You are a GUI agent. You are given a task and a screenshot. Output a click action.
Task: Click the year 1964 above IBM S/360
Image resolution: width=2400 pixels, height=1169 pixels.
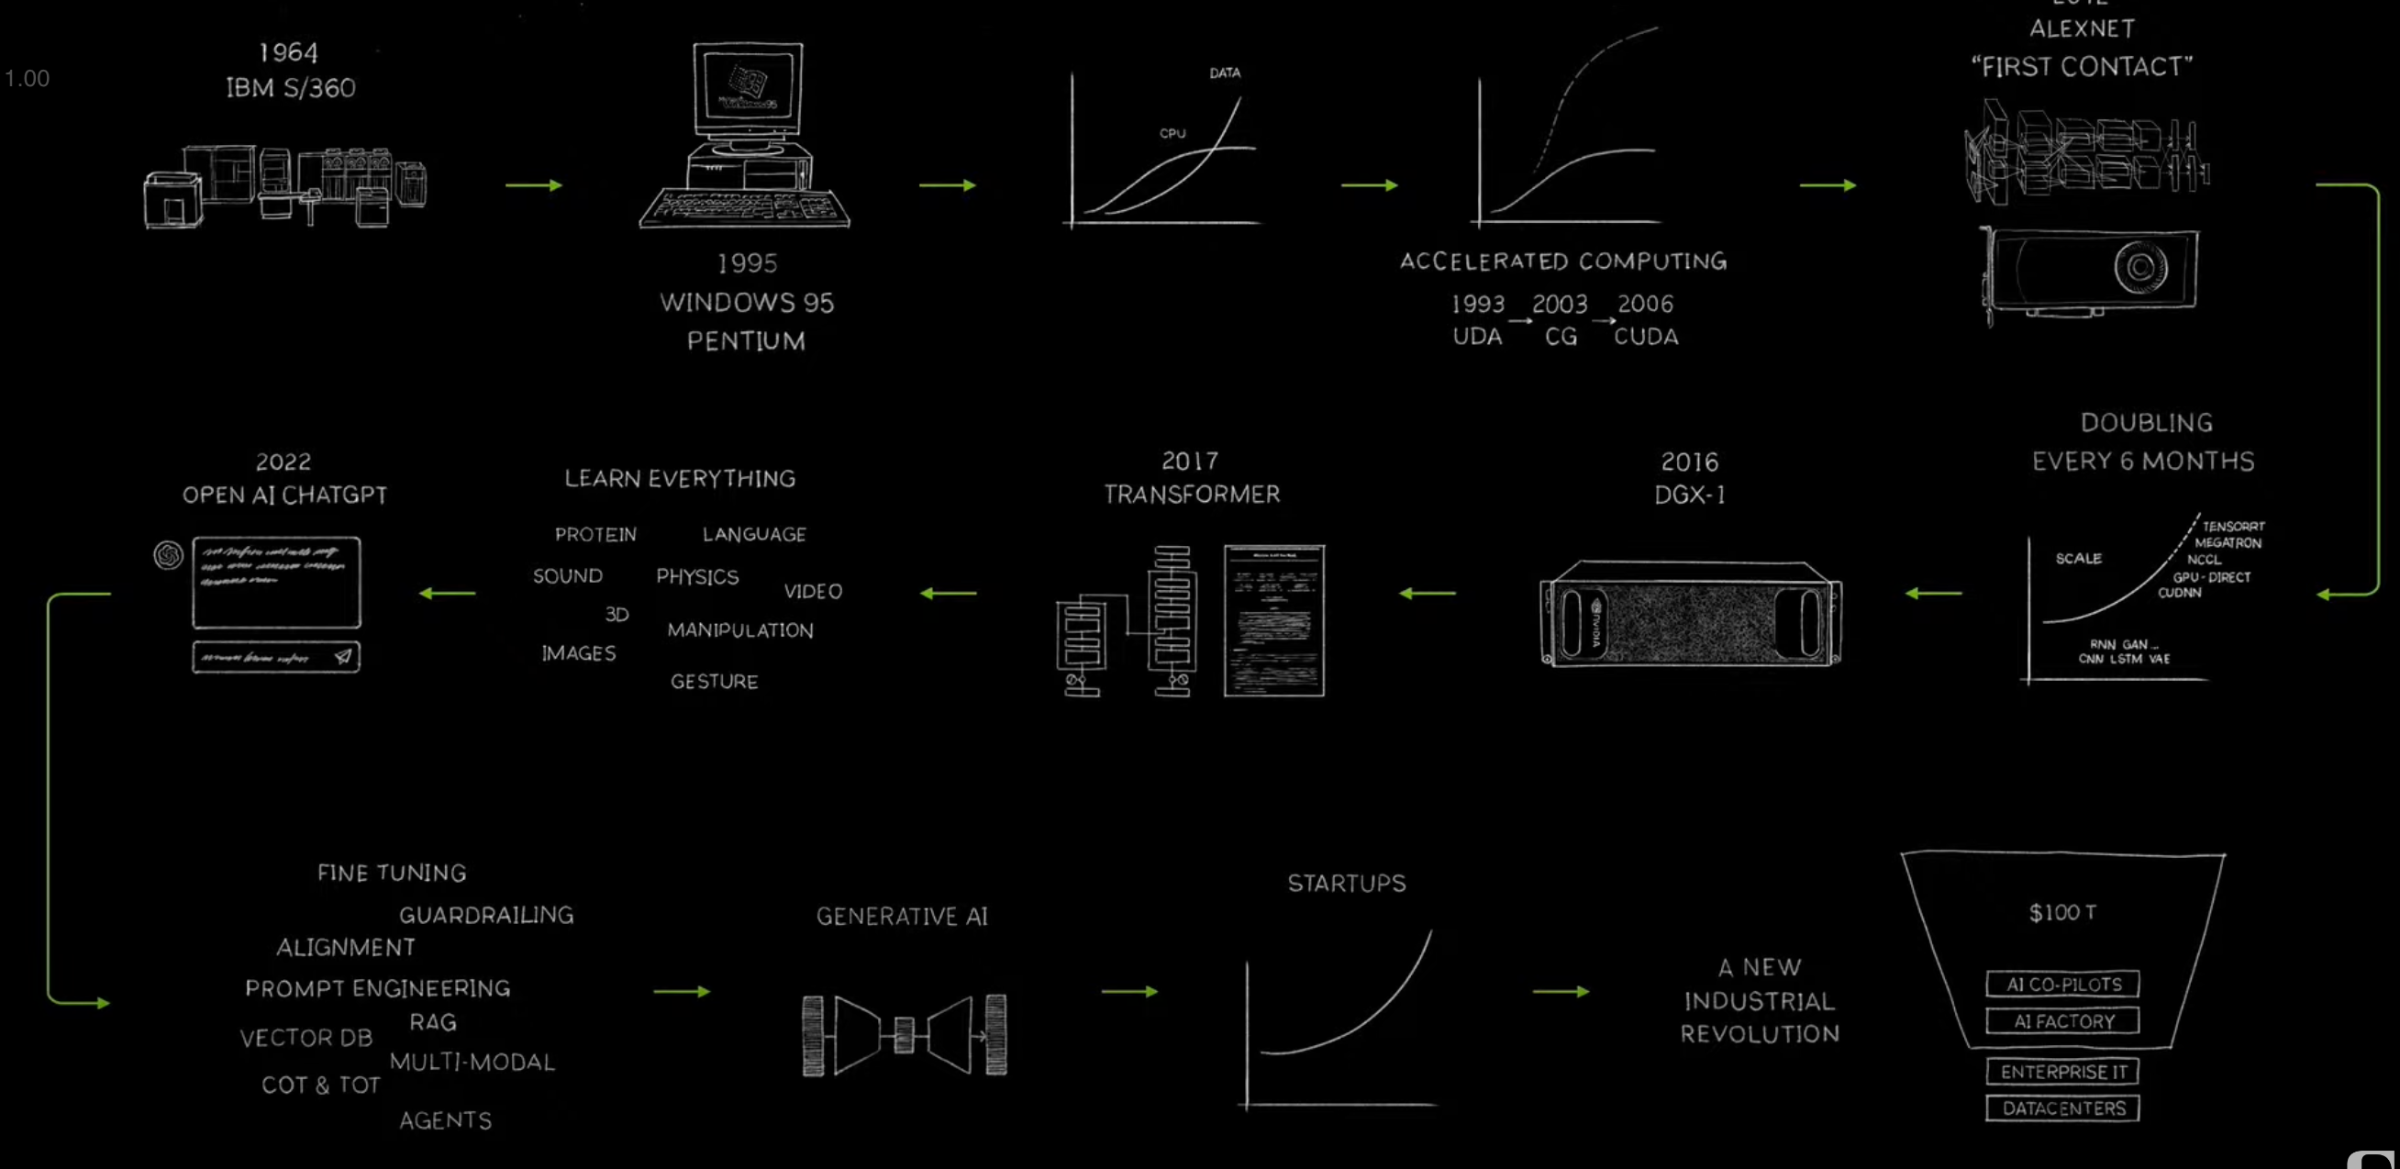point(288,52)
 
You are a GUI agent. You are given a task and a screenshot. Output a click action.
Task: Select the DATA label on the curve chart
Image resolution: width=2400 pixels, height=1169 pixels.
point(1224,72)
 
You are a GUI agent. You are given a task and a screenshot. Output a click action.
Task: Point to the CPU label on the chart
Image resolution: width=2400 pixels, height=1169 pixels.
point(1172,133)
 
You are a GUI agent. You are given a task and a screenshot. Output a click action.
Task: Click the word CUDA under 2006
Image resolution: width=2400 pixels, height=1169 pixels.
point(1645,337)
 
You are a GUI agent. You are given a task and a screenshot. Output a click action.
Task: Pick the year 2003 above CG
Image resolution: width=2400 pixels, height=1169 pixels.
point(1560,305)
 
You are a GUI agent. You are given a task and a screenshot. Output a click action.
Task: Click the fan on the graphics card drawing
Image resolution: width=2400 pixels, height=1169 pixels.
point(2140,267)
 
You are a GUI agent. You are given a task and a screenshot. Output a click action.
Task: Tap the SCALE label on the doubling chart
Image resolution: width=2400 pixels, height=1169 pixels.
point(2079,558)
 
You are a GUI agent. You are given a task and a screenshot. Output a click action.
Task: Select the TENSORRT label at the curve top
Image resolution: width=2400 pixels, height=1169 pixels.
point(2233,527)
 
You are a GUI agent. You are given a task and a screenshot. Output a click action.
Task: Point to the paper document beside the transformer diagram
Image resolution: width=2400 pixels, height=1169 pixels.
point(1273,620)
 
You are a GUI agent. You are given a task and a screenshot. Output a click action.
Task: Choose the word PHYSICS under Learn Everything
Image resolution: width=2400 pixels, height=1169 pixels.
point(697,576)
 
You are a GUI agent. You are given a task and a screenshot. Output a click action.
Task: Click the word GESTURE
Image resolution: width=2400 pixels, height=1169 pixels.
point(714,682)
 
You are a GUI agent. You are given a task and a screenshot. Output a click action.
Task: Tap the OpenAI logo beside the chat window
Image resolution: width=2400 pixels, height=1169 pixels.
point(168,555)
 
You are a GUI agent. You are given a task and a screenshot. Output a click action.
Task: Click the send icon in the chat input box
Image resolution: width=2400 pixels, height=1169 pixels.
point(343,657)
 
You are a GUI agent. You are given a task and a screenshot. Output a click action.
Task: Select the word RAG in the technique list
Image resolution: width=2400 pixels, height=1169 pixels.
point(433,1023)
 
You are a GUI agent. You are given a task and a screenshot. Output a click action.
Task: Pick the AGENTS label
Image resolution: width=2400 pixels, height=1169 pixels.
point(445,1120)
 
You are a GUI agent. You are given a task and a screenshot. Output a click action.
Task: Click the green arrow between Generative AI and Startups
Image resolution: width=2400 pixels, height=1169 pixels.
point(1129,992)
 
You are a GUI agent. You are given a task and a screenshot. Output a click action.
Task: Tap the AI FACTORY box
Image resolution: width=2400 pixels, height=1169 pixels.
point(2062,1022)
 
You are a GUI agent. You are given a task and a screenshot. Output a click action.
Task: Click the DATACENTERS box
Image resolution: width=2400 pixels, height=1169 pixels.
point(2062,1108)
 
